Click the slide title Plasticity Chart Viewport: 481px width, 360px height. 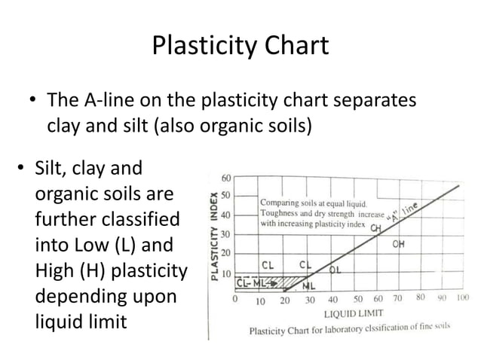tap(240, 46)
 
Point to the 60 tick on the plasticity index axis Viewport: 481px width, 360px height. tap(225, 178)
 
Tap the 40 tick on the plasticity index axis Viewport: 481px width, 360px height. tap(225, 215)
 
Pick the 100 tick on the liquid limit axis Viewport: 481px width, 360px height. tap(462, 298)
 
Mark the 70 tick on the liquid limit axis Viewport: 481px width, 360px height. tap(397, 298)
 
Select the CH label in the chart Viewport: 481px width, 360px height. tap(375, 228)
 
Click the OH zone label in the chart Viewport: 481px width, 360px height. tap(399, 245)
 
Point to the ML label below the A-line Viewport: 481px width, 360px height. tap(308, 285)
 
